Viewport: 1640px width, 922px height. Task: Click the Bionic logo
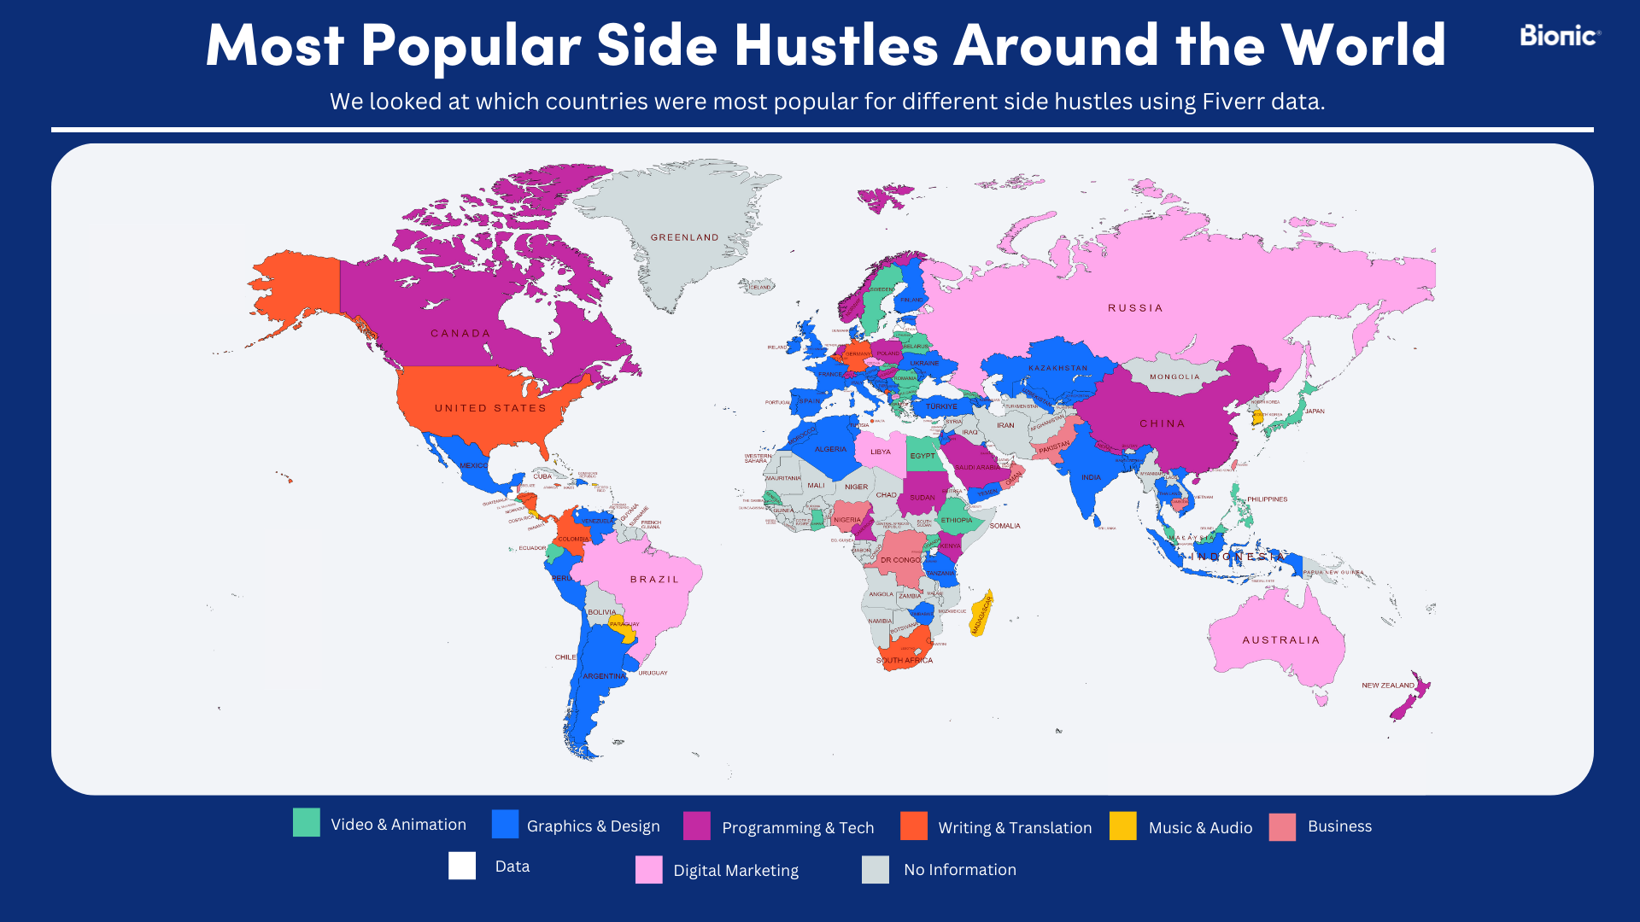pyautogui.click(x=1559, y=36)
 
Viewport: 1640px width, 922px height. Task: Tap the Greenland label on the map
pyautogui.click(x=684, y=237)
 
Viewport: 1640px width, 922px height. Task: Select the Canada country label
pyautogui.click(x=460, y=334)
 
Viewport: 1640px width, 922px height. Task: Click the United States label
pyautogui.click(x=490, y=408)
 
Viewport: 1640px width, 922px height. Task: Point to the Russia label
pyautogui.click(x=1135, y=308)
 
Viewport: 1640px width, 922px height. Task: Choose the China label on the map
pyautogui.click(x=1162, y=423)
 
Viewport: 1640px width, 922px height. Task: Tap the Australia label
pyautogui.click(x=1280, y=640)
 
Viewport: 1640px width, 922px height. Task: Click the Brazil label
pyautogui.click(x=654, y=580)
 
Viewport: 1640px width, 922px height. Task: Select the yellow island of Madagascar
pyautogui.click(x=982, y=613)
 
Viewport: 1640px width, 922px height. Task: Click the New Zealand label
pyautogui.click(x=1387, y=686)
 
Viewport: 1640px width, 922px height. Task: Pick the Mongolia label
pyautogui.click(x=1174, y=376)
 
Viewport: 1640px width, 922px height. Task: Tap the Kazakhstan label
pyautogui.click(x=1057, y=368)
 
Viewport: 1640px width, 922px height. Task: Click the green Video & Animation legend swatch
pyautogui.click(x=307, y=823)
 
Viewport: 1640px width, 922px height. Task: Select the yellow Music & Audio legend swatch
pyautogui.click(x=1122, y=826)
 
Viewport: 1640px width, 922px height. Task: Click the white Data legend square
pyautogui.click(x=462, y=866)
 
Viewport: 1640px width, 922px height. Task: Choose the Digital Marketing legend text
pyautogui.click(x=735, y=871)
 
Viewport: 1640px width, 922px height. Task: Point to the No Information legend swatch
pyautogui.click(x=875, y=870)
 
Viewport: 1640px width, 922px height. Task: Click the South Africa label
pyautogui.click(x=904, y=661)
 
